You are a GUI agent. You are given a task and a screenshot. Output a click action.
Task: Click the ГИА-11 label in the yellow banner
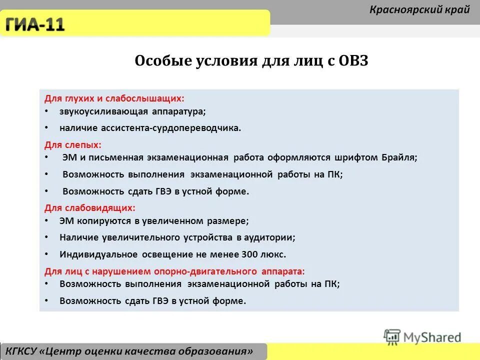35,23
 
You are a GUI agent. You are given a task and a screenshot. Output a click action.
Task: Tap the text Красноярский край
419,9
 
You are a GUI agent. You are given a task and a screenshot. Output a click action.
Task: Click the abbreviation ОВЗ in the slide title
353,61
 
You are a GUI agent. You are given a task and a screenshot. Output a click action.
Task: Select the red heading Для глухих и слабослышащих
114,99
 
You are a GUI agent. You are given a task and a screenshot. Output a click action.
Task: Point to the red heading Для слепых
73,145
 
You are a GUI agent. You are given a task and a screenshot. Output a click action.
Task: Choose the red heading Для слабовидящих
90,207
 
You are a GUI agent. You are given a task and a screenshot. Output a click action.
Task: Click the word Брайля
399,157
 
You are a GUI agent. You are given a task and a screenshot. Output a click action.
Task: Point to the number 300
249,254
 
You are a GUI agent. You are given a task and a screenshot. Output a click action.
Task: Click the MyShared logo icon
392,336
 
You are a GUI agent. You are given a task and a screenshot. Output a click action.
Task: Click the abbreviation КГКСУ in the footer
23,351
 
